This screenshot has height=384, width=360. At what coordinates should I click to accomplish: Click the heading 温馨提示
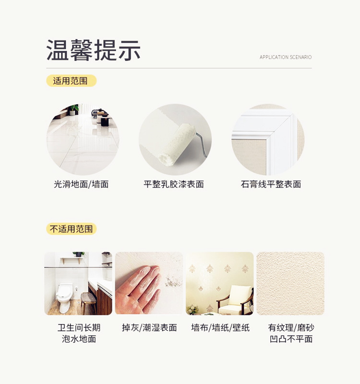click(x=94, y=50)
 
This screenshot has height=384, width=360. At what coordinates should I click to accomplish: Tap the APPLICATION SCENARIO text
click(x=286, y=58)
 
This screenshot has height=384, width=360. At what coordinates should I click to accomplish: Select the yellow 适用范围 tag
click(x=71, y=81)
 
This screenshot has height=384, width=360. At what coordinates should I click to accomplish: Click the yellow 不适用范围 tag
click(x=71, y=229)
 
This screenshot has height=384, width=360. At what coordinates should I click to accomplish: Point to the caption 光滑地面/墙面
click(x=81, y=184)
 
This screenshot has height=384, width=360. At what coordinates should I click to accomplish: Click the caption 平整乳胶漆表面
click(x=174, y=184)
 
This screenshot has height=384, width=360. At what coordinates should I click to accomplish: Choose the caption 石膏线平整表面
click(x=271, y=184)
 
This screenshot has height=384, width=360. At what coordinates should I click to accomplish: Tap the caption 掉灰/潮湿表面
click(x=149, y=328)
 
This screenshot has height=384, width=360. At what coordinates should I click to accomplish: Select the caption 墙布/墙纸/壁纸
click(x=219, y=328)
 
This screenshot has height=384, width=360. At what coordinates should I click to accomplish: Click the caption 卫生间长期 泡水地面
click(x=79, y=333)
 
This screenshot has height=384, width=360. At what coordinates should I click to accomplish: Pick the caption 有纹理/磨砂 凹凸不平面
click(x=291, y=333)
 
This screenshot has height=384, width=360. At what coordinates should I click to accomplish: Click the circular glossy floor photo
click(x=83, y=140)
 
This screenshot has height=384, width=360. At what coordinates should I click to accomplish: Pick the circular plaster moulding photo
click(x=268, y=140)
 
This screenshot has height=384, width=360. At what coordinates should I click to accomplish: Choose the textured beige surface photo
click(x=290, y=283)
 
